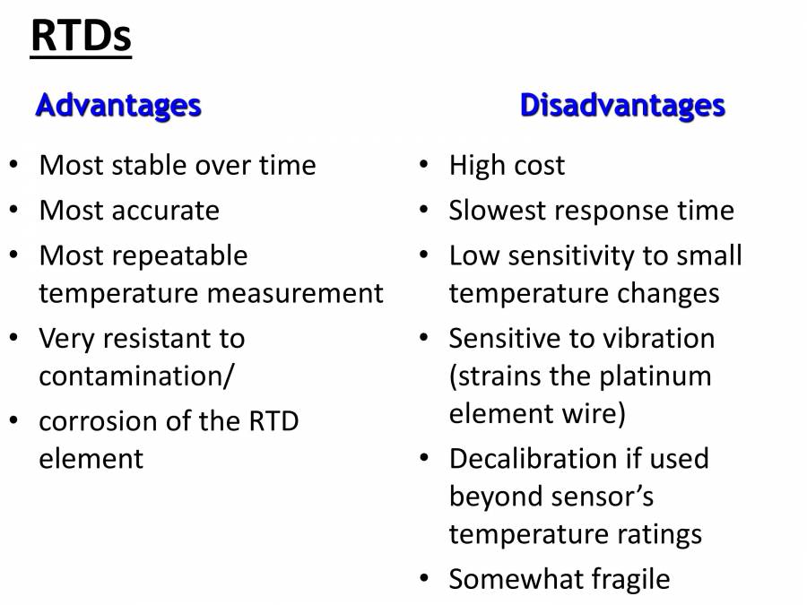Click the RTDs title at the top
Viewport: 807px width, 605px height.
82,36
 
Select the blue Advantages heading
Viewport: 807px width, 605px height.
118,107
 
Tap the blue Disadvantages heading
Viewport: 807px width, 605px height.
623,107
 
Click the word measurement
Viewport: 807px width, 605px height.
295,294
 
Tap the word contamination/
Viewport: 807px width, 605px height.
136,376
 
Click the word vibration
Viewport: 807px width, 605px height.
658,339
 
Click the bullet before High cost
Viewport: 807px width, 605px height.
424,165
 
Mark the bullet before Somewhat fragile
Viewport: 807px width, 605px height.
424,578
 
